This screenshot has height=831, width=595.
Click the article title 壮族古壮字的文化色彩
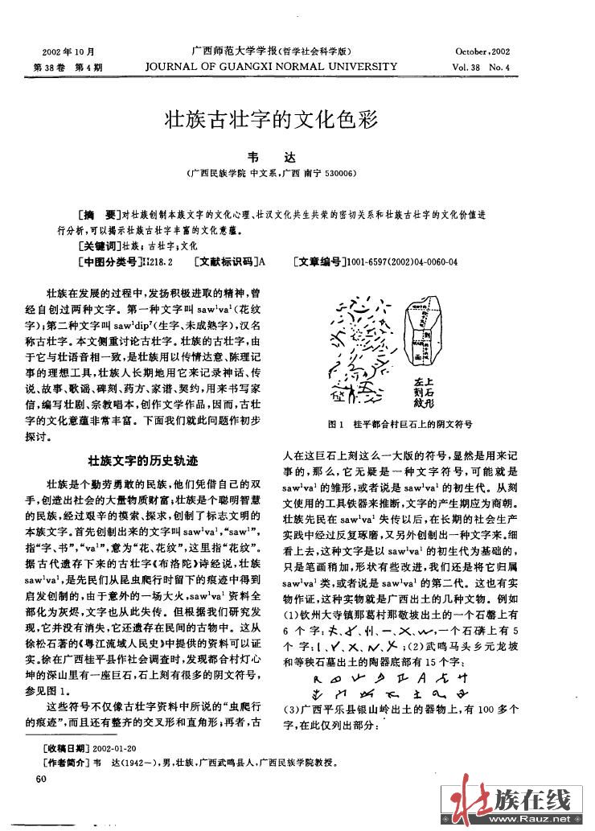pyautogui.click(x=270, y=121)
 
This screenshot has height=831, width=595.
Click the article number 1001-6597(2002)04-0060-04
pyautogui.click(x=400, y=261)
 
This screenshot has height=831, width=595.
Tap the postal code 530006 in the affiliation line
pyautogui.click(x=340, y=172)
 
